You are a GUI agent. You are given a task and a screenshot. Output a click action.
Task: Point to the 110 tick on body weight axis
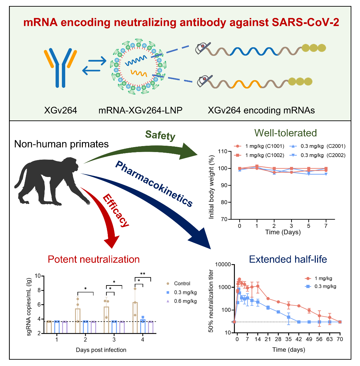click(223, 151)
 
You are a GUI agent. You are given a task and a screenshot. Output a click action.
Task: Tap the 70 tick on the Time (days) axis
click(340, 339)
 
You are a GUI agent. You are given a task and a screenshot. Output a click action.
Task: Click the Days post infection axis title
click(100, 350)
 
